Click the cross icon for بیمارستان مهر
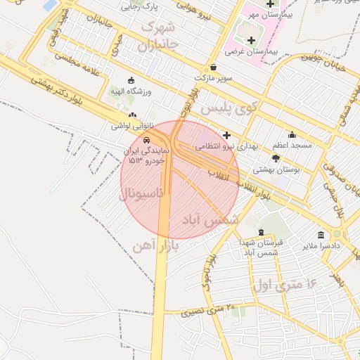coord(270,4)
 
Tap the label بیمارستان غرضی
coord(252,52)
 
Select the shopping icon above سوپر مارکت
coord(212,67)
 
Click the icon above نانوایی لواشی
coord(132,115)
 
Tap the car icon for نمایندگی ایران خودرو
coord(146,141)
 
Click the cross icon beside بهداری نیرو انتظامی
coord(226,135)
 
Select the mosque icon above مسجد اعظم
coord(292,134)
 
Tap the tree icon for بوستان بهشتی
coord(275,159)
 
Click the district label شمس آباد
coord(211,220)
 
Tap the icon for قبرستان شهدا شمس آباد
coord(261,232)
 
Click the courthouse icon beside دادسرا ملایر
coord(321,235)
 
